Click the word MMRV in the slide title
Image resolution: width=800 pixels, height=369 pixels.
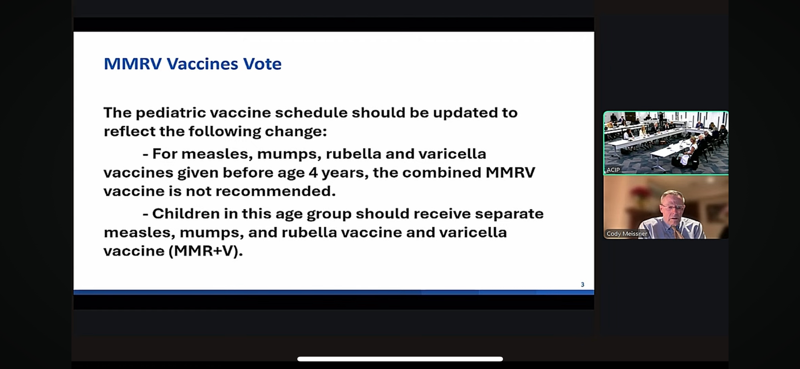pos(133,64)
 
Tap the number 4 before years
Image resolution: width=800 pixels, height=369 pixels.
pos(313,173)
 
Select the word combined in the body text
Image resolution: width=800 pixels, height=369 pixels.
pos(441,173)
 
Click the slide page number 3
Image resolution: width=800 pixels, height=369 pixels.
pos(582,285)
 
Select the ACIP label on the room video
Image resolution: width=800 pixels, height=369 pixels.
pos(613,170)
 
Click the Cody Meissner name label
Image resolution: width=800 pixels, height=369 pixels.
pos(627,234)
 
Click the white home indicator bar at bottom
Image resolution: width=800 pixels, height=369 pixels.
pos(400,359)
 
